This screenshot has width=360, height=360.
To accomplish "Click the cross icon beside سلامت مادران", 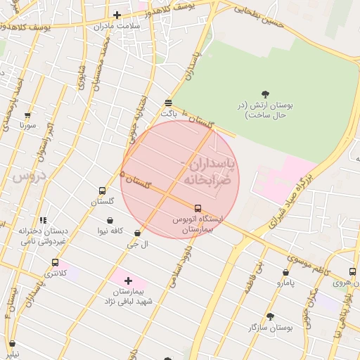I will pos(117,15).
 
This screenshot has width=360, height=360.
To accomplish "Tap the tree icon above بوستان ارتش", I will pos(265,94).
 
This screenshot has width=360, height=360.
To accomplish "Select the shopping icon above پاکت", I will pos(168,102).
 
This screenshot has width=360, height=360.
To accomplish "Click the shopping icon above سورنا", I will pos(27,115).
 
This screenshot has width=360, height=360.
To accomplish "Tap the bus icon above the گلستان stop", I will pos(102,191).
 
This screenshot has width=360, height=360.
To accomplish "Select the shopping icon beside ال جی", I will pos(137,233).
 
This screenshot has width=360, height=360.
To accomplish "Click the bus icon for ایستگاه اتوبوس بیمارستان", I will pos(198,208).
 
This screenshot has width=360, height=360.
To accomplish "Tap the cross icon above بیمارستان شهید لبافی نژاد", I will pos(127,281).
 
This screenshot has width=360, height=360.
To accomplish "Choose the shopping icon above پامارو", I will pos(285,272).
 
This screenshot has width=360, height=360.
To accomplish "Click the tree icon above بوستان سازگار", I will pos(270,316).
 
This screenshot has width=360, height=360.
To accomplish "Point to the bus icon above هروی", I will pos(352,272).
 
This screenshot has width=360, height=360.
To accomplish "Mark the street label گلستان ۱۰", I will pos(198,120).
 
